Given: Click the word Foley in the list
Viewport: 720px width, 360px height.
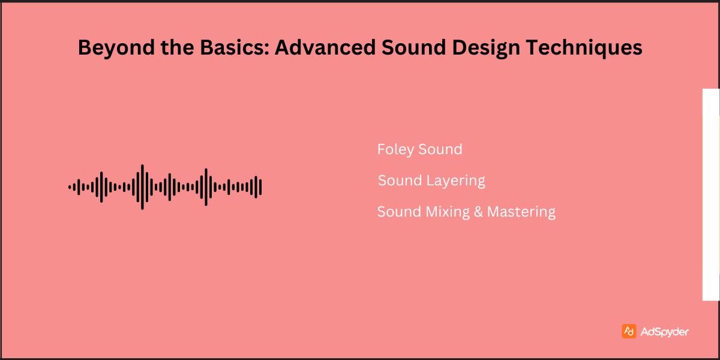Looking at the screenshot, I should [395, 149].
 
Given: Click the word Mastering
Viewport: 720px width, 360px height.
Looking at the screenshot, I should [521, 212].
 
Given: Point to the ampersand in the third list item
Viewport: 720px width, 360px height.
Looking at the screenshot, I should [479, 212].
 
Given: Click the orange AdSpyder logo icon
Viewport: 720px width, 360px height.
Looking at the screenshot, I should [629, 331].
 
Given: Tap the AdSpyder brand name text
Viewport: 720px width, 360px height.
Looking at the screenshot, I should [665, 332].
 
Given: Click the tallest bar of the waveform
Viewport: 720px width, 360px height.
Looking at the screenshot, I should [142, 187].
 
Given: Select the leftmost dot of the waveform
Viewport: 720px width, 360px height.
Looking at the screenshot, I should [70, 187].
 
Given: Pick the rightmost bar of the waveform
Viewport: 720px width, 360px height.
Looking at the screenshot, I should [260, 187].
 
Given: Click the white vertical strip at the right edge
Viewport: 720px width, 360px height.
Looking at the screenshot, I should [711, 194].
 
